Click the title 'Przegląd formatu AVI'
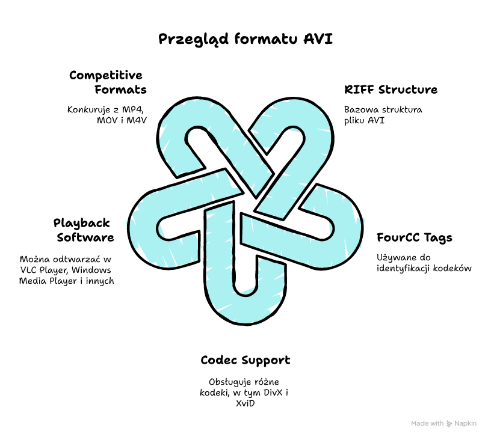[x=245, y=40]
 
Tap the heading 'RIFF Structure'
[x=391, y=90]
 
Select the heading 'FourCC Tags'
[x=414, y=237]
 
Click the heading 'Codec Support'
[x=245, y=360]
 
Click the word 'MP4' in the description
[x=134, y=110]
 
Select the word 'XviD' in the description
[x=245, y=403]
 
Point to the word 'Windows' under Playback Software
[x=96, y=270]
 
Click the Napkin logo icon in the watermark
[x=450, y=424]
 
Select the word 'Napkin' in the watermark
[x=466, y=424]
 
